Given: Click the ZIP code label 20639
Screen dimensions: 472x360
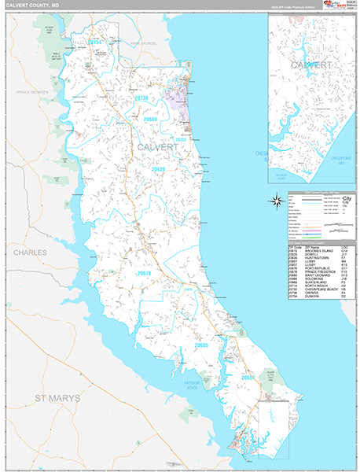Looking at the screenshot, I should click(159, 169).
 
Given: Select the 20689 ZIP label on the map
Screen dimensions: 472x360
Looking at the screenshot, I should click(150, 119).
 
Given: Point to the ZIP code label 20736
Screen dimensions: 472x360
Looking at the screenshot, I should click(141, 98).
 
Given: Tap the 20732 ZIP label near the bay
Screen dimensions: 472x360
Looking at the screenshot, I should click(180, 139).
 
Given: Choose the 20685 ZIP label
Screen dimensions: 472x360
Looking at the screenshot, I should click(201, 345).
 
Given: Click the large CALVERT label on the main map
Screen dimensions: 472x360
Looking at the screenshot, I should click(157, 147).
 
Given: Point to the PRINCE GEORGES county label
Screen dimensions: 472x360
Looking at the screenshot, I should click(29, 92).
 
